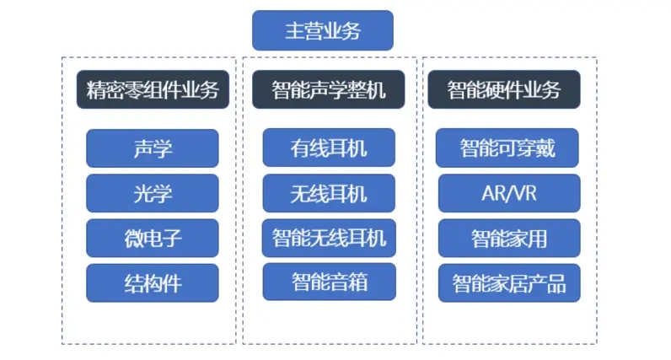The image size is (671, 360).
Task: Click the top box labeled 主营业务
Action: pos(323,30)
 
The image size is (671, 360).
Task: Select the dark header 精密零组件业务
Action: pos(153,89)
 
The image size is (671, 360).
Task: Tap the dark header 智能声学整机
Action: pos(328,89)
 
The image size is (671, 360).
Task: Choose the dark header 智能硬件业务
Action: pos(504,89)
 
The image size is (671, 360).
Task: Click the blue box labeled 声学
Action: pos(153,148)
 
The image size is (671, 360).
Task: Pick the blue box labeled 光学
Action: pos(153,193)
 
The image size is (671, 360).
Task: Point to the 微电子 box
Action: pos(153,238)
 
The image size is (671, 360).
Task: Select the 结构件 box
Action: pos(153,283)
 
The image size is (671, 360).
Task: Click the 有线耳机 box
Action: pos(329,148)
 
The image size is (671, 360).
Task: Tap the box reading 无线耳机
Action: pos(329,193)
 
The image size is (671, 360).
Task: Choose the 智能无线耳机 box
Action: pos(329,238)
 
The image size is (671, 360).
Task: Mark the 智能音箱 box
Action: pos(329,282)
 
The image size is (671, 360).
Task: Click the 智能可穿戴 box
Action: pos(507,148)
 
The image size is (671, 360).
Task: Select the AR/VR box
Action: pos(509,193)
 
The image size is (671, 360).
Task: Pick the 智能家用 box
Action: pos(509,238)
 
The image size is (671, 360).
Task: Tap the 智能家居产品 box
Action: pos(509,283)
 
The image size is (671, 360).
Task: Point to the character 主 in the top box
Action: pos(294,31)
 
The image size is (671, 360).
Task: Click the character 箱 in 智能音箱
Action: pos(357,282)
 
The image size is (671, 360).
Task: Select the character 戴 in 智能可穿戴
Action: pos(545,148)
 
